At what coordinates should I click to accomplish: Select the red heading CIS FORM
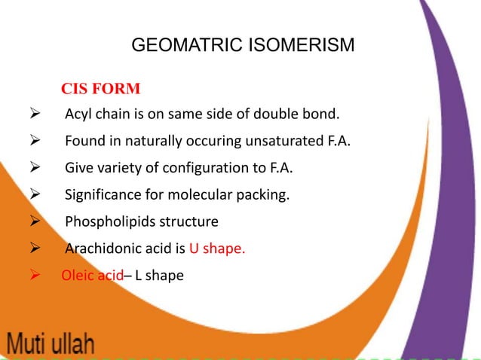(100, 90)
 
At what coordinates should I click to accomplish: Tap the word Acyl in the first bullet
(78, 115)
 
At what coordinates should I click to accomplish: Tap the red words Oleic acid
(91, 275)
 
